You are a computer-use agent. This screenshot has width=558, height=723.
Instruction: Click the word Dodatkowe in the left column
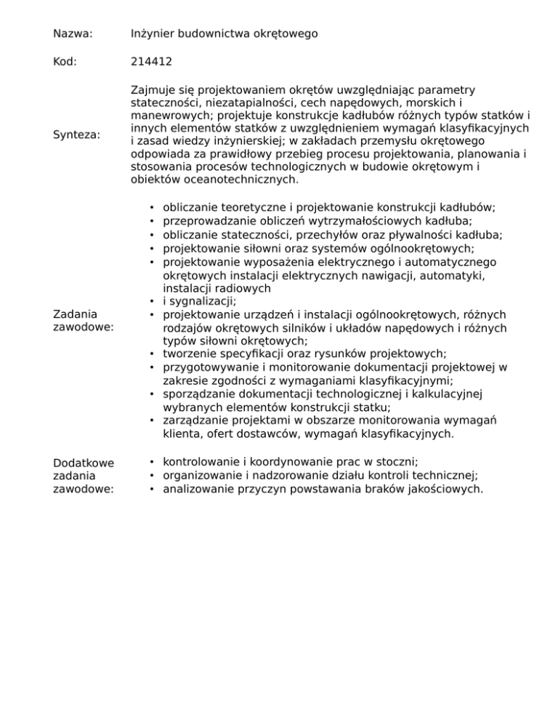click(x=81, y=463)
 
